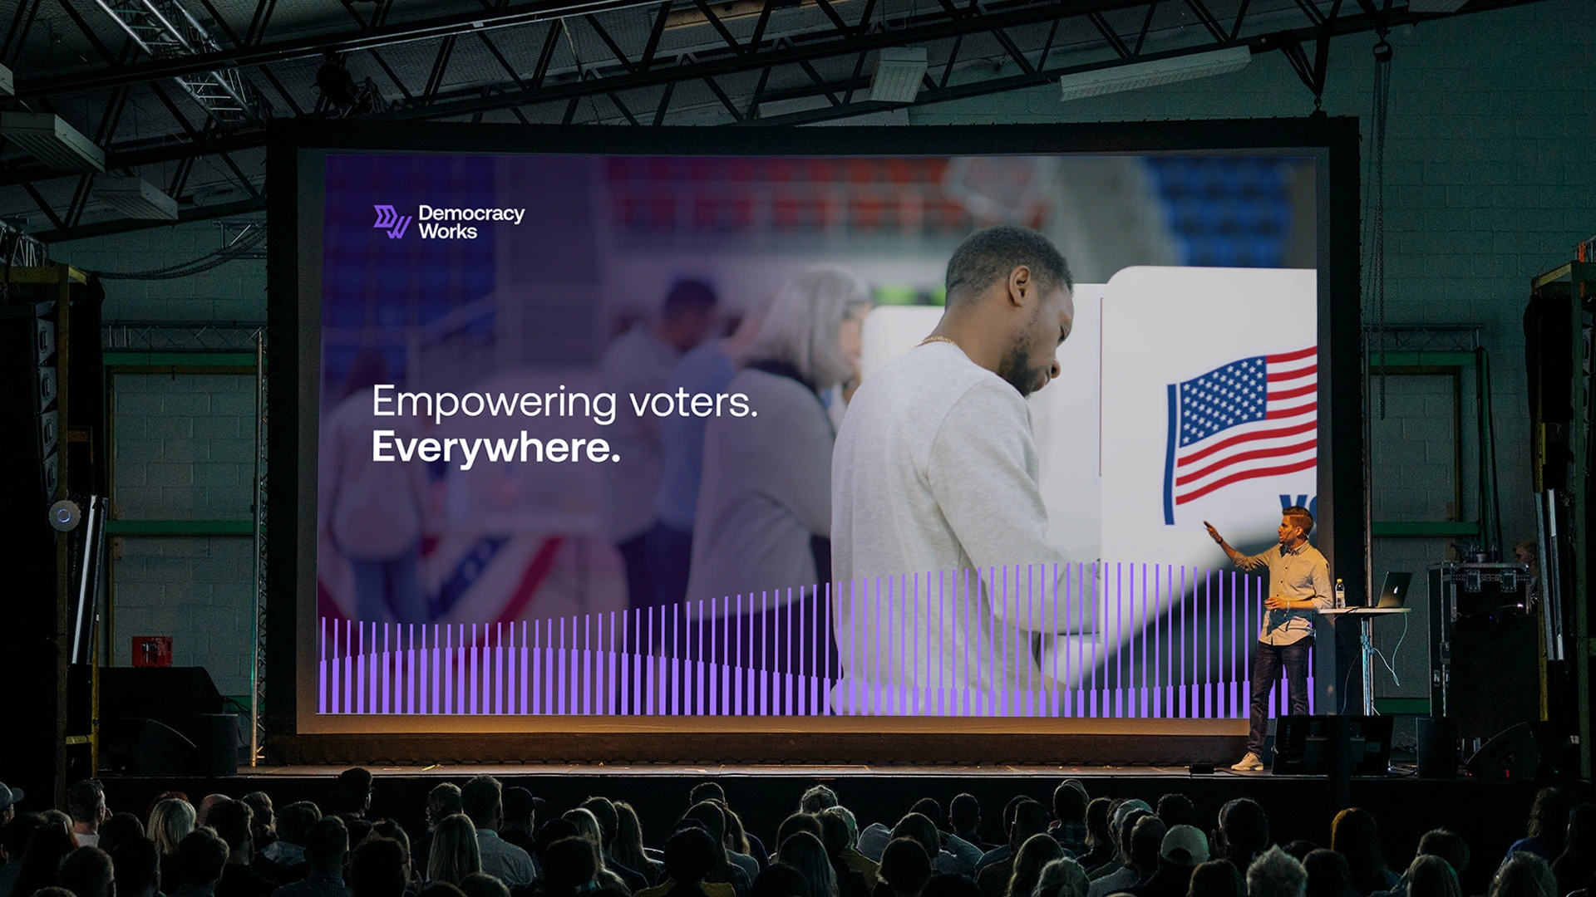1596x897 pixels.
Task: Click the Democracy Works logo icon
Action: [x=392, y=222]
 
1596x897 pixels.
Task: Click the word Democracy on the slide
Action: [x=471, y=213]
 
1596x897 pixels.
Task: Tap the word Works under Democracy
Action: [x=448, y=232]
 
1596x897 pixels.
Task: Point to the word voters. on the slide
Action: [x=693, y=402]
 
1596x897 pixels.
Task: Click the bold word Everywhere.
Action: [x=495, y=448]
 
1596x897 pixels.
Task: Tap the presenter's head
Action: [x=1297, y=522]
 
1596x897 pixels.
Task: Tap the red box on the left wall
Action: [x=152, y=650]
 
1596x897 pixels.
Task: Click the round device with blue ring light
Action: [x=64, y=515]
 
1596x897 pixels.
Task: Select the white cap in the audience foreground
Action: [x=1184, y=843]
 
